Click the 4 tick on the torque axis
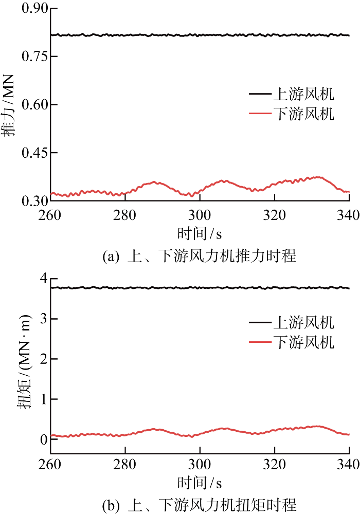click(x=43, y=279)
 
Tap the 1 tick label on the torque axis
click(x=43, y=399)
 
